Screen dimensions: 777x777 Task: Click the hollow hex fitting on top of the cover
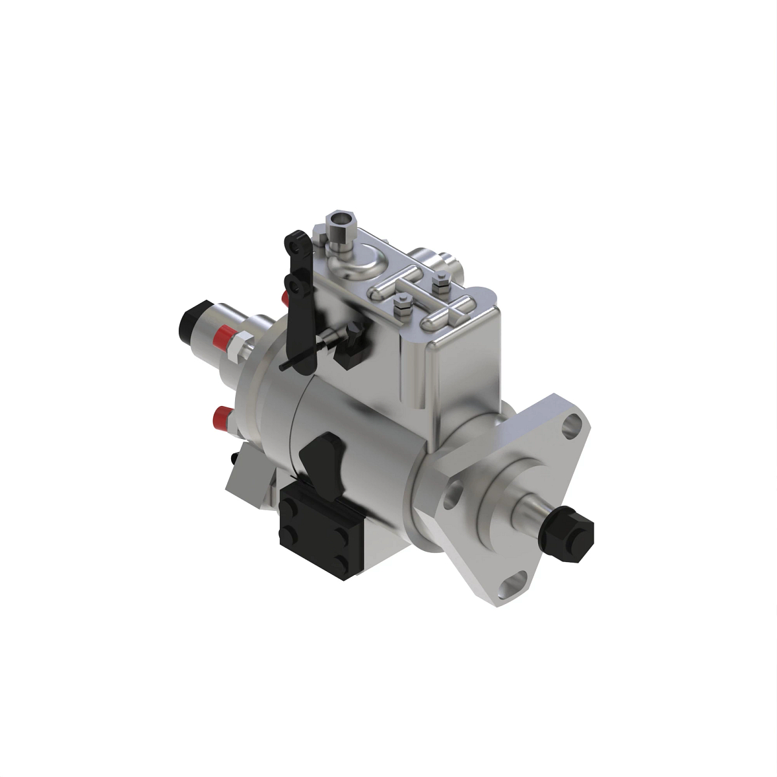click(x=341, y=226)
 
